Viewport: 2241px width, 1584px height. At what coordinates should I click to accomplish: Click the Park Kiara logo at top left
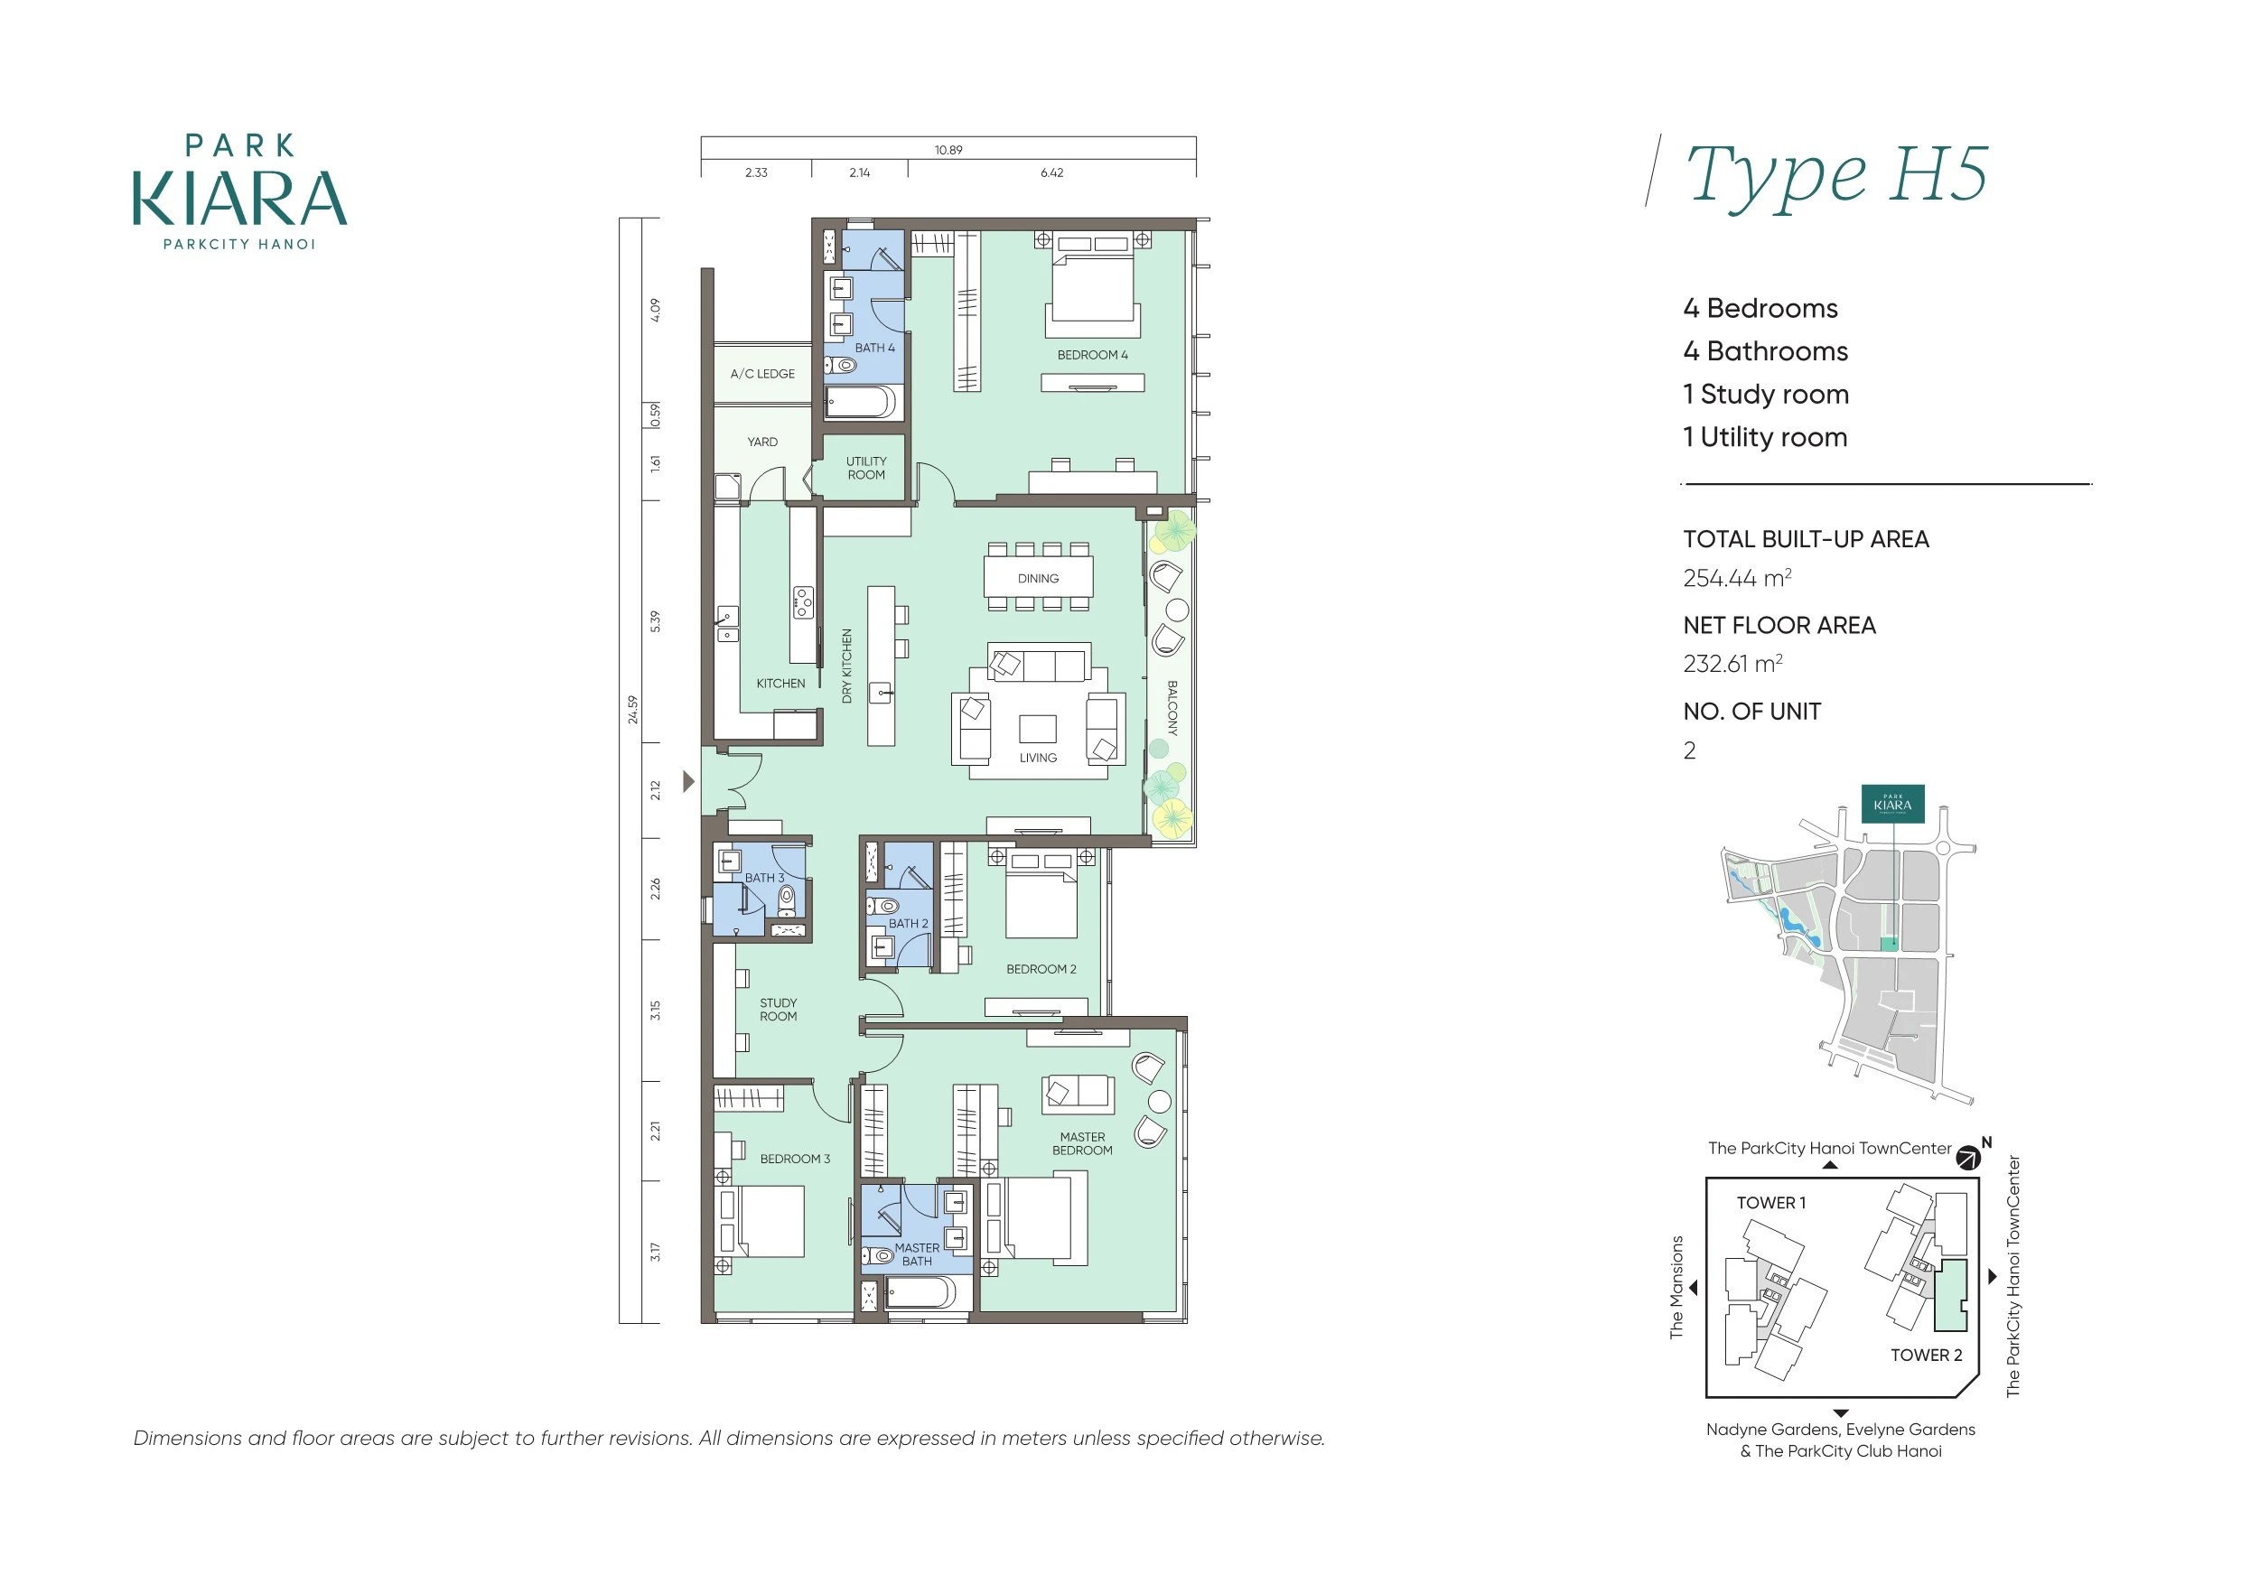[x=239, y=191]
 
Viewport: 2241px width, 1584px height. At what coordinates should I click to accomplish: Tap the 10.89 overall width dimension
[x=948, y=149]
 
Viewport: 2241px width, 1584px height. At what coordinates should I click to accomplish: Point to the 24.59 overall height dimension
[x=632, y=709]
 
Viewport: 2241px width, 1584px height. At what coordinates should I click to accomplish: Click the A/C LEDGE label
[x=762, y=374]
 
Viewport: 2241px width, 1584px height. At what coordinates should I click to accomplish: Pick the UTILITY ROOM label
[x=865, y=469]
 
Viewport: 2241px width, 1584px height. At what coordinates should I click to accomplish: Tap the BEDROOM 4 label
[x=1092, y=355]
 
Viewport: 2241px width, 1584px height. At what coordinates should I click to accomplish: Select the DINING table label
[x=1038, y=579]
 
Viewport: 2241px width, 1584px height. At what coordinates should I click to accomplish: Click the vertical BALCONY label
[x=1172, y=708]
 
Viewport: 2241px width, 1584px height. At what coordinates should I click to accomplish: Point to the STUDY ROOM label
[x=778, y=1009]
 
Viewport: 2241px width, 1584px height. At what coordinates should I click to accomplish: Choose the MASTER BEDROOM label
[x=1082, y=1144]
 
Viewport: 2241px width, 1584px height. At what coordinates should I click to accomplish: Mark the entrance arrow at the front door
[x=689, y=781]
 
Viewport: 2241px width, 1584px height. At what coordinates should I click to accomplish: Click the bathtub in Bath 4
[x=860, y=402]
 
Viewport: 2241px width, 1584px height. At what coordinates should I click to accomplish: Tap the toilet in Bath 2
[x=884, y=906]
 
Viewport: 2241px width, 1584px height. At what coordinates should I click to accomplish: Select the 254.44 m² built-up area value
[x=1736, y=578]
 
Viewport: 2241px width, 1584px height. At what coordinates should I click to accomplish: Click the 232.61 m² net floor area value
[x=1732, y=664]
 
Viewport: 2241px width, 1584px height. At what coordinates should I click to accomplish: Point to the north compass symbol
[x=1970, y=1158]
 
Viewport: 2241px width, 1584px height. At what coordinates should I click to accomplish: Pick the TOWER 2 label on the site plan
[x=1926, y=1355]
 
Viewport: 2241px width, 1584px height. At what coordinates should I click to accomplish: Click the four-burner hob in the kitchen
[x=802, y=602]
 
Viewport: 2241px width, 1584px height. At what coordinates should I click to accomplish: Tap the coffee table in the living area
[x=1038, y=729]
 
